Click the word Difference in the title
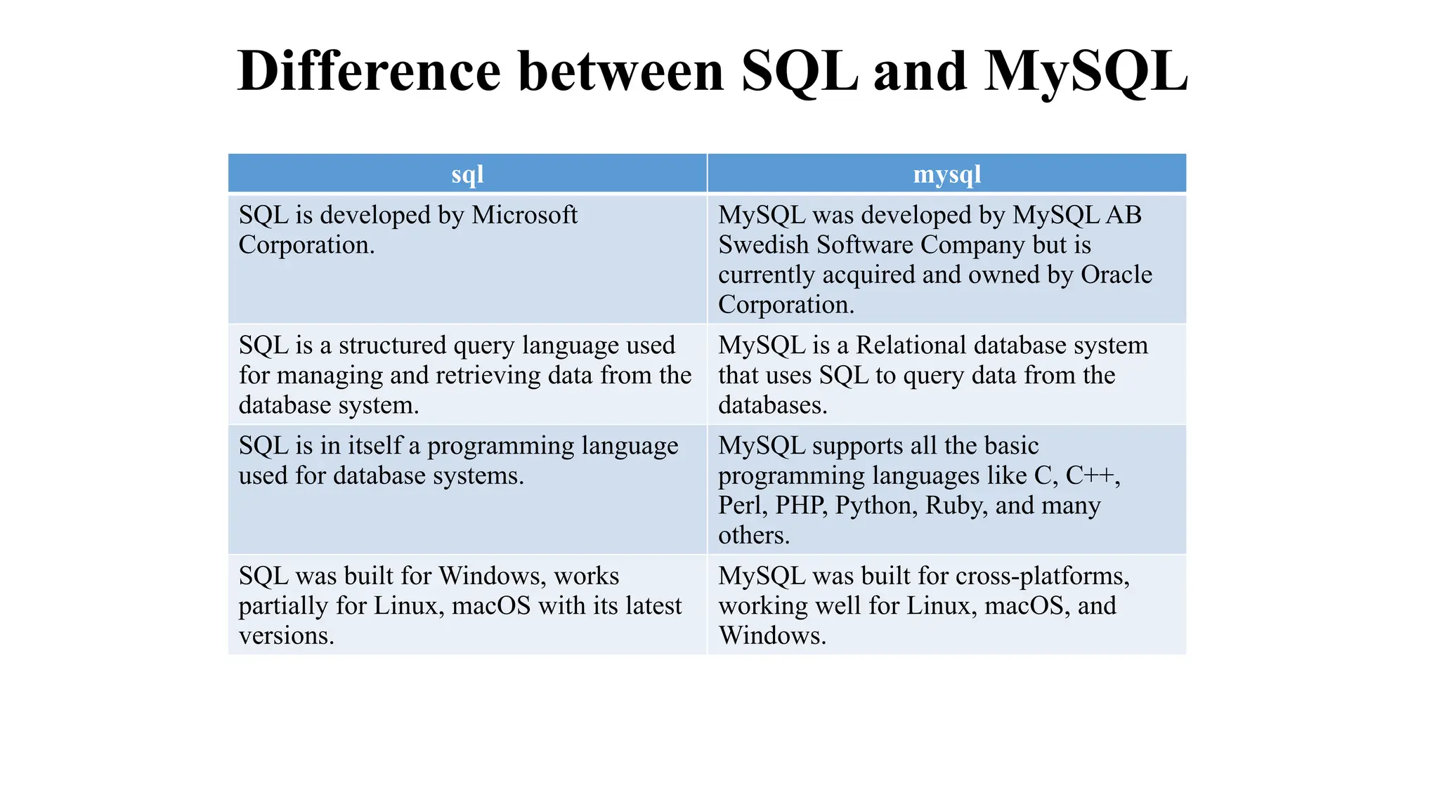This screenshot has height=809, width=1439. pyautogui.click(x=369, y=71)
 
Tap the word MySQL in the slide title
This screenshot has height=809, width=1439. pyautogui.click(x=1086, y=72)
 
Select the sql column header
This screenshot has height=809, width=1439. pyautogui.click(x=467, y=173)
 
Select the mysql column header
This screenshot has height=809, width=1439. pyautogui.click(x=946, y=173)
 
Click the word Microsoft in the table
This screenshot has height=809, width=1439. pyautogui.click(x=524, y=215)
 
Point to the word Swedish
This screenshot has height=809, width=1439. pyautogui.click(x=764, y=245)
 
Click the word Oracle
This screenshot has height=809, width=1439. pyautogui.click(x=1116, y=275)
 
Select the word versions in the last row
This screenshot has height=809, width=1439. pyautogui.click(x=285, y=636)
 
